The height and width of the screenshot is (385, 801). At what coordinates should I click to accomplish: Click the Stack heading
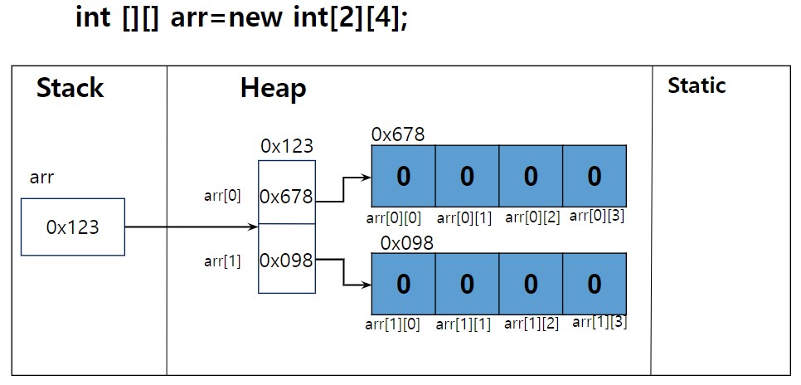tap(70, 87)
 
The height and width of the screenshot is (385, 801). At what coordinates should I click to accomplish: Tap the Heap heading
tap(274, 89)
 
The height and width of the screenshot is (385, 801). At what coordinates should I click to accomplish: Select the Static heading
tap(697, 85)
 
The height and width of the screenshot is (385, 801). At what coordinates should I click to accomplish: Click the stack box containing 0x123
tap(72, 227)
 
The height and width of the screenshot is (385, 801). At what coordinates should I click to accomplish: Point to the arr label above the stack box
tap(41, 178)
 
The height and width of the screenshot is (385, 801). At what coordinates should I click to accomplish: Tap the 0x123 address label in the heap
tap(287, 146)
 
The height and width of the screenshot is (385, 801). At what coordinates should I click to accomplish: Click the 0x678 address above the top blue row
tap(398, 134)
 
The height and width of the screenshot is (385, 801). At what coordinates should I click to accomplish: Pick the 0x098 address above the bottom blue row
tap(407, 243)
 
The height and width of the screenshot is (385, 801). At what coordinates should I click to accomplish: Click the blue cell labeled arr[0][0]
tap(403, 176)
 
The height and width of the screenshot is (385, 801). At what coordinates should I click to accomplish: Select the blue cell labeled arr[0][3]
tap(595, 176)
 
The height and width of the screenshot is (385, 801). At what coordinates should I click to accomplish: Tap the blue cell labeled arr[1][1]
tap(467, 283)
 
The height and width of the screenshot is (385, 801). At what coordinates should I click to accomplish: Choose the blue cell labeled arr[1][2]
tap(531, 283)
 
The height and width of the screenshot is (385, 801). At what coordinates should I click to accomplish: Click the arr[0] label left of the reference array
tap(222, 196)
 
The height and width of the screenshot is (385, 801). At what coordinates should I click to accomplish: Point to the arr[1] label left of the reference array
tap(222, 261)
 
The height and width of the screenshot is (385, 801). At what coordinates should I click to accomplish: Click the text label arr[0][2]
tap(533, 217)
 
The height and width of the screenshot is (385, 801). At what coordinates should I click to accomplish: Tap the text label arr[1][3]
tap(600, 322)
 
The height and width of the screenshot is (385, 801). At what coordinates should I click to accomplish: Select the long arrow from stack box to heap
tap(192, 227)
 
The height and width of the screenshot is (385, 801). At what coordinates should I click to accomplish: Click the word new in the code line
tap(255, 17)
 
